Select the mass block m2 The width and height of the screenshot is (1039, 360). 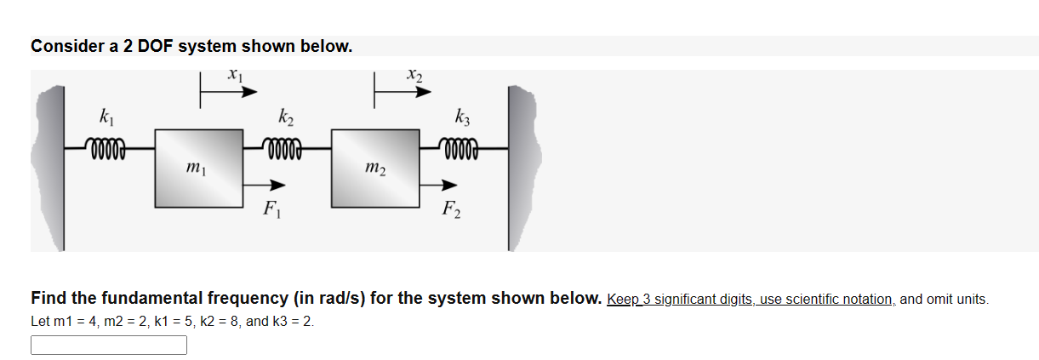(374, 168)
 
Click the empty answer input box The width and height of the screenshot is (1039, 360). (109, 345)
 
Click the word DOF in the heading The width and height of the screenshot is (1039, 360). (155, 46)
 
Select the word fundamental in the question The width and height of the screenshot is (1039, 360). (153, 299)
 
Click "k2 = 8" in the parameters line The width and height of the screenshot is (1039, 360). (205, 323)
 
